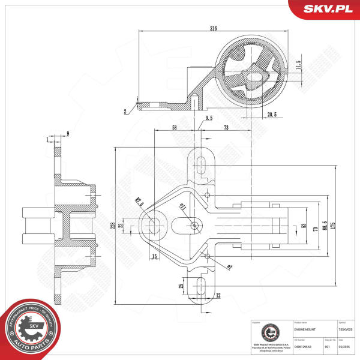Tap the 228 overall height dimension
[112, 225]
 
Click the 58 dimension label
[174, 128]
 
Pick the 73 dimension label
[226, 128]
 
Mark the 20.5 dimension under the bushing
[271, 114]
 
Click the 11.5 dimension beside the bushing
[298, 65]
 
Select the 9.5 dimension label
[209, 118]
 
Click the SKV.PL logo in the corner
[328, 8]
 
